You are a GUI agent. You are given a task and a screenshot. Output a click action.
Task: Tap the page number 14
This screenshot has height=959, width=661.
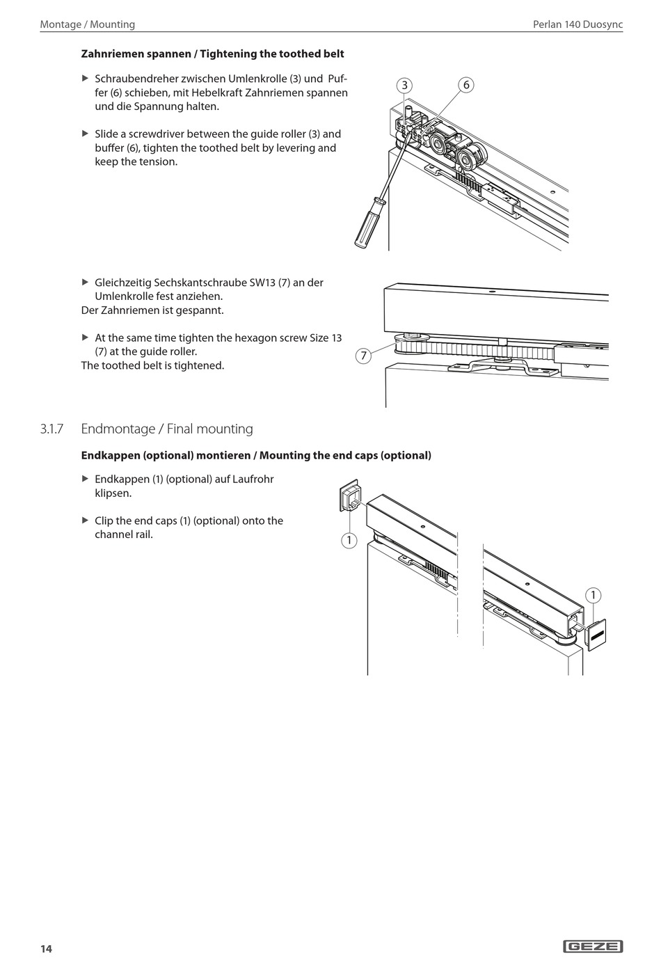46,949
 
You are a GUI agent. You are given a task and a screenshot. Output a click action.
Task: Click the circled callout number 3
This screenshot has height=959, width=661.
404,86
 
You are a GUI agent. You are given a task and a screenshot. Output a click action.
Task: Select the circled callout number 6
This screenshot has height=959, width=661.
466,85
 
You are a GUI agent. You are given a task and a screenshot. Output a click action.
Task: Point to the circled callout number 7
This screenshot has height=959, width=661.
363,356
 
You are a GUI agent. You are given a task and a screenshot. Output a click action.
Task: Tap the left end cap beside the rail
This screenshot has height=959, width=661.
349,496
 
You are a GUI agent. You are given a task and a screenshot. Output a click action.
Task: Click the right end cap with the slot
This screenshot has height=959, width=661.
596,634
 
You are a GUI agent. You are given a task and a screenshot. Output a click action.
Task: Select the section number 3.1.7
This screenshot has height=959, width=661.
51,429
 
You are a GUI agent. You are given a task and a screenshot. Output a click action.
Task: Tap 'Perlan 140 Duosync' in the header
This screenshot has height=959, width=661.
578,24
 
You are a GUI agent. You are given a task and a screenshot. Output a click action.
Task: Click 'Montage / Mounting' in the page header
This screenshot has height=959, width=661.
88,24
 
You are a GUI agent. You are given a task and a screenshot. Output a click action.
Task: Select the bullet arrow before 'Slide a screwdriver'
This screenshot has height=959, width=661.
86,134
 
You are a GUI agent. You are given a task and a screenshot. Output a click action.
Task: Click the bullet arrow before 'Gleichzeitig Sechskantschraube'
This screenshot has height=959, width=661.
86,283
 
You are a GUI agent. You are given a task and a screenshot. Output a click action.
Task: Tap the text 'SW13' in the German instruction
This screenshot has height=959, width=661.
262,283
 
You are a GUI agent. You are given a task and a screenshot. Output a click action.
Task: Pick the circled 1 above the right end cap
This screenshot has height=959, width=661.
593,595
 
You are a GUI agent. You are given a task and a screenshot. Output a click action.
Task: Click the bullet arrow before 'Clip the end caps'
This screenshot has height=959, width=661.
86,521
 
